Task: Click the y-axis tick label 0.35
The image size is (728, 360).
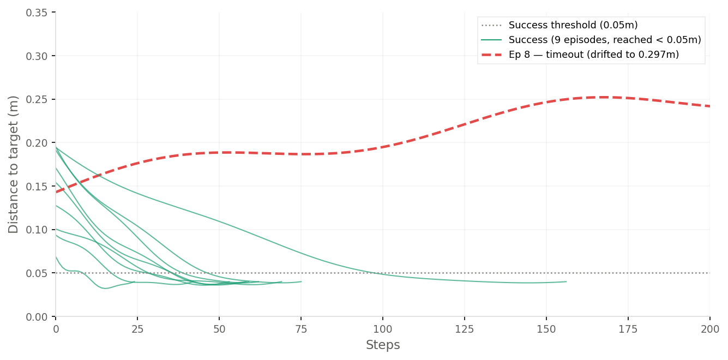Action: (x=37, y=13)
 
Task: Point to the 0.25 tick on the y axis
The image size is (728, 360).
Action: (x=37, y=99)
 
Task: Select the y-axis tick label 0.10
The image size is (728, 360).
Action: (x=37, y=230)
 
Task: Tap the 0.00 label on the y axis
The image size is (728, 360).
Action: (x=37, y=316)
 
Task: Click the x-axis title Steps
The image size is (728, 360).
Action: (x=383, y=345)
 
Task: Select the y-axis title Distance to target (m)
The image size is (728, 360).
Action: (x=14, y=164)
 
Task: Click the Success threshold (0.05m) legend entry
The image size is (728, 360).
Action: (x=573, y=25)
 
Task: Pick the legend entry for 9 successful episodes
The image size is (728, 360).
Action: (x=605, y=40)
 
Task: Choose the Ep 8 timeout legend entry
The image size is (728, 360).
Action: (x=594, y=55)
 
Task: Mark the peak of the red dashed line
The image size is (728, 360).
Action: (x=603, y=97)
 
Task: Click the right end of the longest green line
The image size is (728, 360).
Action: (x=566, y=281)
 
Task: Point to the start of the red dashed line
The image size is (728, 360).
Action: (x=56, y=192)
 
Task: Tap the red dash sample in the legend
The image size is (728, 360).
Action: (x=492, y=55)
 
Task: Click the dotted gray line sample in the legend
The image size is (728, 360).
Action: (x=492, y=25)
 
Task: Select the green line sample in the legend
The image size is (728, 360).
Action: (x=492, y=40)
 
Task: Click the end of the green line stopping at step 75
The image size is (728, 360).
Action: (x=301, y=281)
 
